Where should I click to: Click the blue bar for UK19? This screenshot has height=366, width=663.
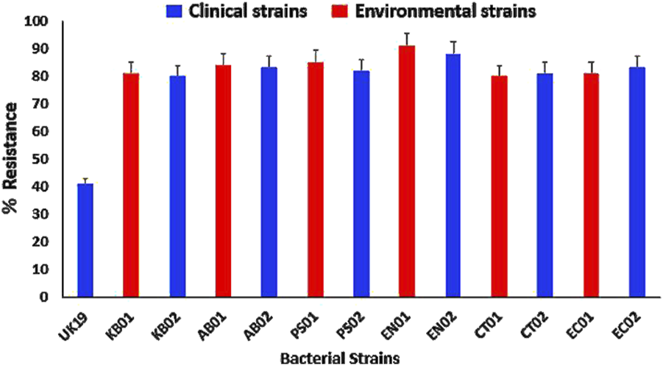85,240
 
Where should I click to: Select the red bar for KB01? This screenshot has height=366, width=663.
131,186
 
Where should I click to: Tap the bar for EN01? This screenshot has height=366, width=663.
407,172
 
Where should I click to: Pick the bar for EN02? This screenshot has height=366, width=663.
453,175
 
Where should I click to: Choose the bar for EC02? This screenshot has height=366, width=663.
637,183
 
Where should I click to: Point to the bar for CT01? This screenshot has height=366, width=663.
500,186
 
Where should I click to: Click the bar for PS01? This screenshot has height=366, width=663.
316,180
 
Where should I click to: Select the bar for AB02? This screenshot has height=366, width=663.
269,183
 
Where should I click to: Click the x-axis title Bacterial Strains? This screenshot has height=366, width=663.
340,358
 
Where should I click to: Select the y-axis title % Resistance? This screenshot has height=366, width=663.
11,158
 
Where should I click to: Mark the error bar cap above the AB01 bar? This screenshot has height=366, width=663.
223,54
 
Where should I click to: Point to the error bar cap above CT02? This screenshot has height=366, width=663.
545,62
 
